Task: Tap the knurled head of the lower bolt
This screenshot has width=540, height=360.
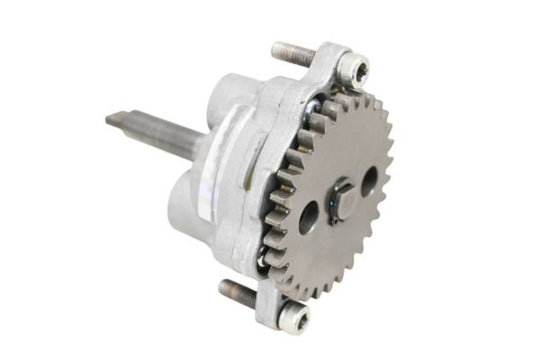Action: pyautogui.click(x=294, y=314)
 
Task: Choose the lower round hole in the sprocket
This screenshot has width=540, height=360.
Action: pyautogui.click(x=310, y=216)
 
